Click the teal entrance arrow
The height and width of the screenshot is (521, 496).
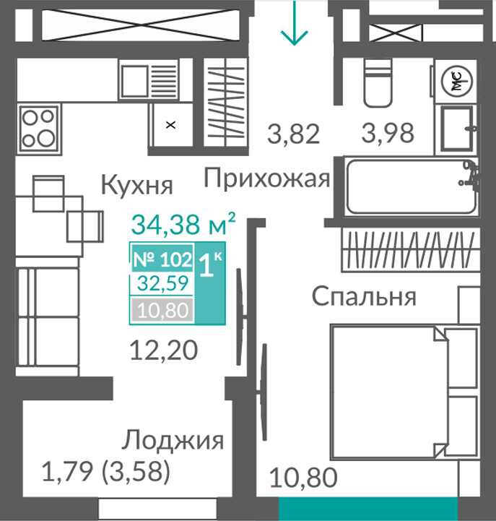294,22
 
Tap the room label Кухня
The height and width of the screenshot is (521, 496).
136,186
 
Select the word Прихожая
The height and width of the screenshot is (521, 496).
267,178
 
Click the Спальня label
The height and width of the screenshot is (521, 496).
364,296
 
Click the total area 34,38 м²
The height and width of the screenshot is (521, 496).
183,223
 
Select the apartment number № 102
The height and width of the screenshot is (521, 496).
162,259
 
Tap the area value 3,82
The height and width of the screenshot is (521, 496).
293,134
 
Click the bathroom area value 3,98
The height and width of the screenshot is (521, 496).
388,133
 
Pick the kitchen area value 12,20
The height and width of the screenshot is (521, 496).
164,350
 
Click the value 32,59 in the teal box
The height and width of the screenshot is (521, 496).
162,283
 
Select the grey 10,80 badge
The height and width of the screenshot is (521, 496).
162,310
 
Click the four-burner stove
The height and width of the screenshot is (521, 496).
40,128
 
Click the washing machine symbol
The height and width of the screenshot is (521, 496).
457,80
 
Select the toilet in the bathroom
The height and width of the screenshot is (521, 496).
377,83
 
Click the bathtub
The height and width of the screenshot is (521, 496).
412,186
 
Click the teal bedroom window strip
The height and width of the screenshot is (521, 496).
368,509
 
